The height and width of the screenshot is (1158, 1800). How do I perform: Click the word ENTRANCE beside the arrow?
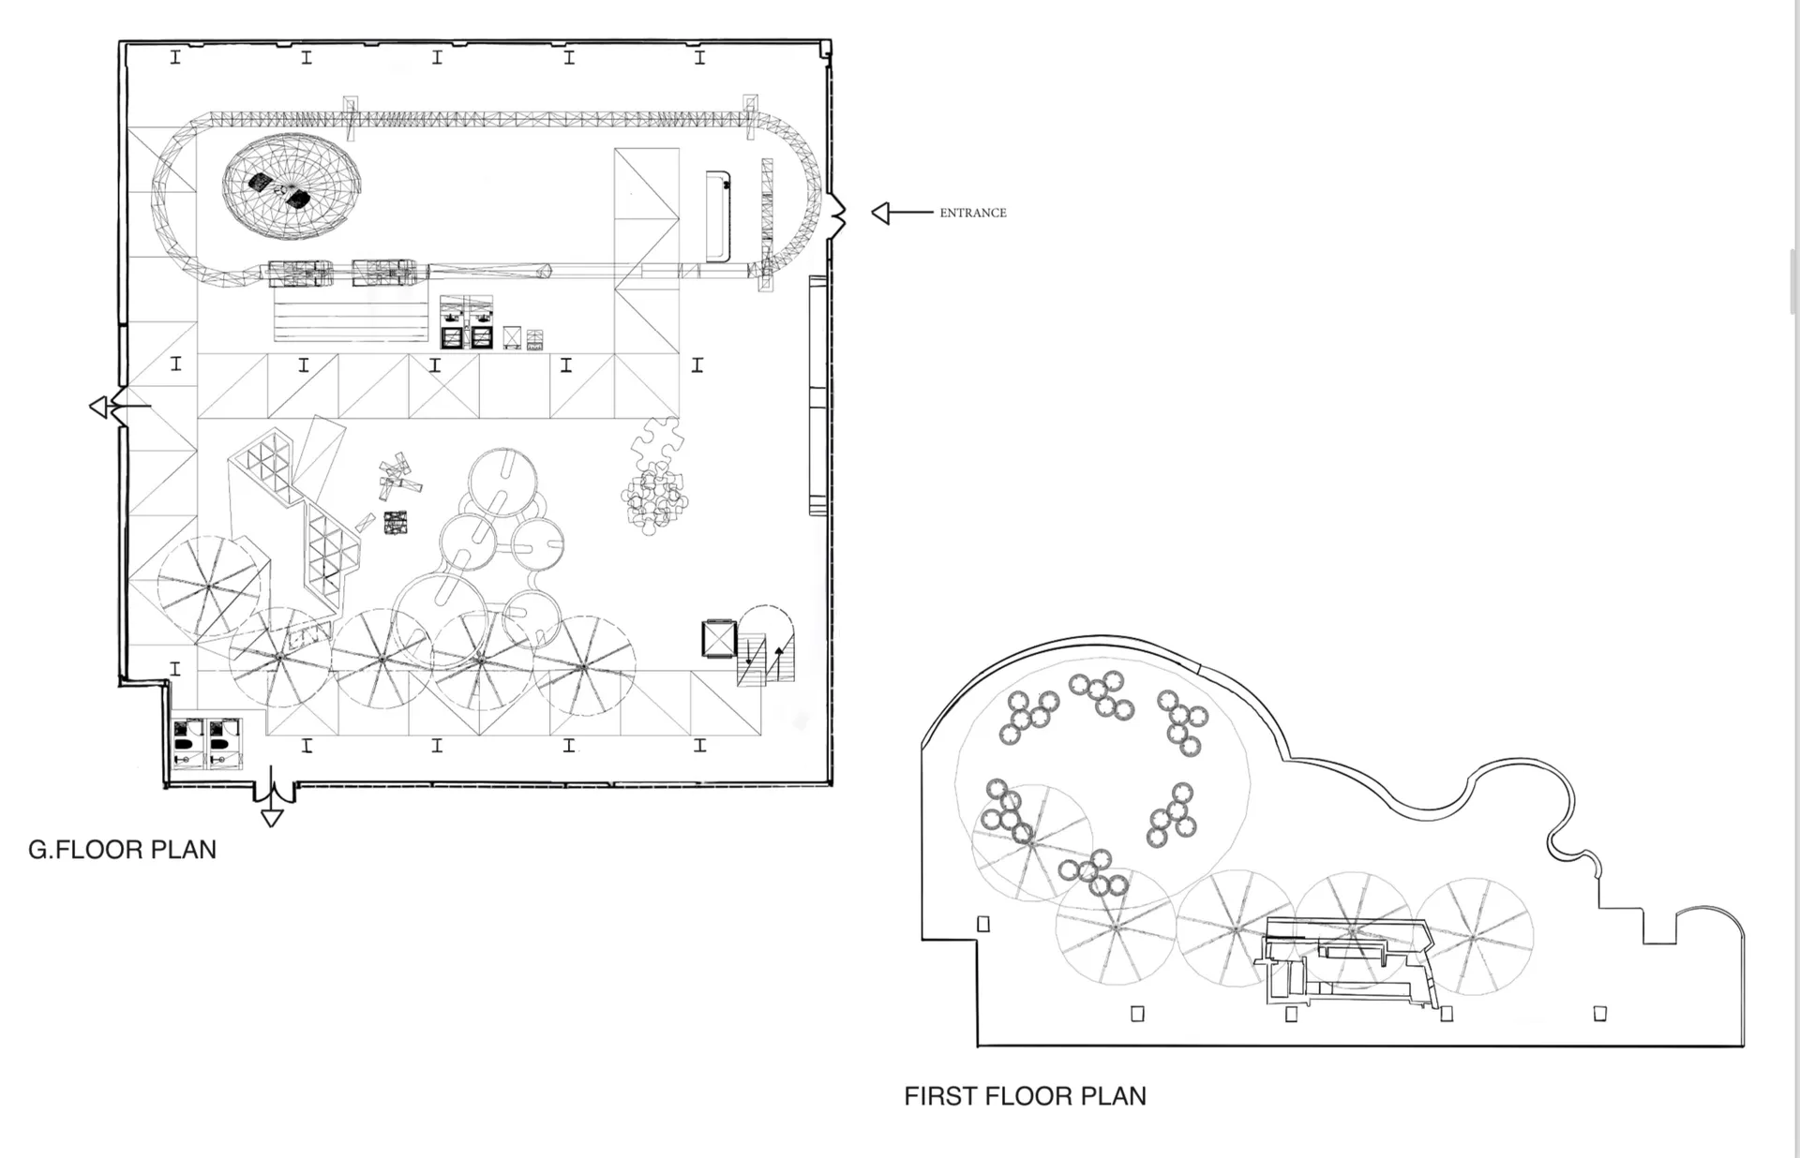tap(973, 213)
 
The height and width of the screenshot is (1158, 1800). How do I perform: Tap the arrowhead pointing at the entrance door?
tap(880, 213)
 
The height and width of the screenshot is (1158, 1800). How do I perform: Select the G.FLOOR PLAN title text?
tap(122, 850)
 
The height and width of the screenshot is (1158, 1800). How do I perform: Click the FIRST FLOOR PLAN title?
tap(1025, 1096)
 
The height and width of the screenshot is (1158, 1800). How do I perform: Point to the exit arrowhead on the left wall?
tap(98, 408)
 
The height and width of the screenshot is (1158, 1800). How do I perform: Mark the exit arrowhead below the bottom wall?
tap(272, 818)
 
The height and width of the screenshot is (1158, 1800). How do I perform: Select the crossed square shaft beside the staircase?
tap(719, 639)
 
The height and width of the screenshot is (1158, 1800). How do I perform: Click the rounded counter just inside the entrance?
tap(718, 216)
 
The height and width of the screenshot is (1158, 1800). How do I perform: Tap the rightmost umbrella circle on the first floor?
tap(1474, 937)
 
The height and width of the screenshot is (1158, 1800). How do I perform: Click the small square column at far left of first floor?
tap(983, 924)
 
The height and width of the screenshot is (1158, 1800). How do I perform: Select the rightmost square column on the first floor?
tap(1600, 1013)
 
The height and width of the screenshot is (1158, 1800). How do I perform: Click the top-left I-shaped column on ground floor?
tap(175, 58)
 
